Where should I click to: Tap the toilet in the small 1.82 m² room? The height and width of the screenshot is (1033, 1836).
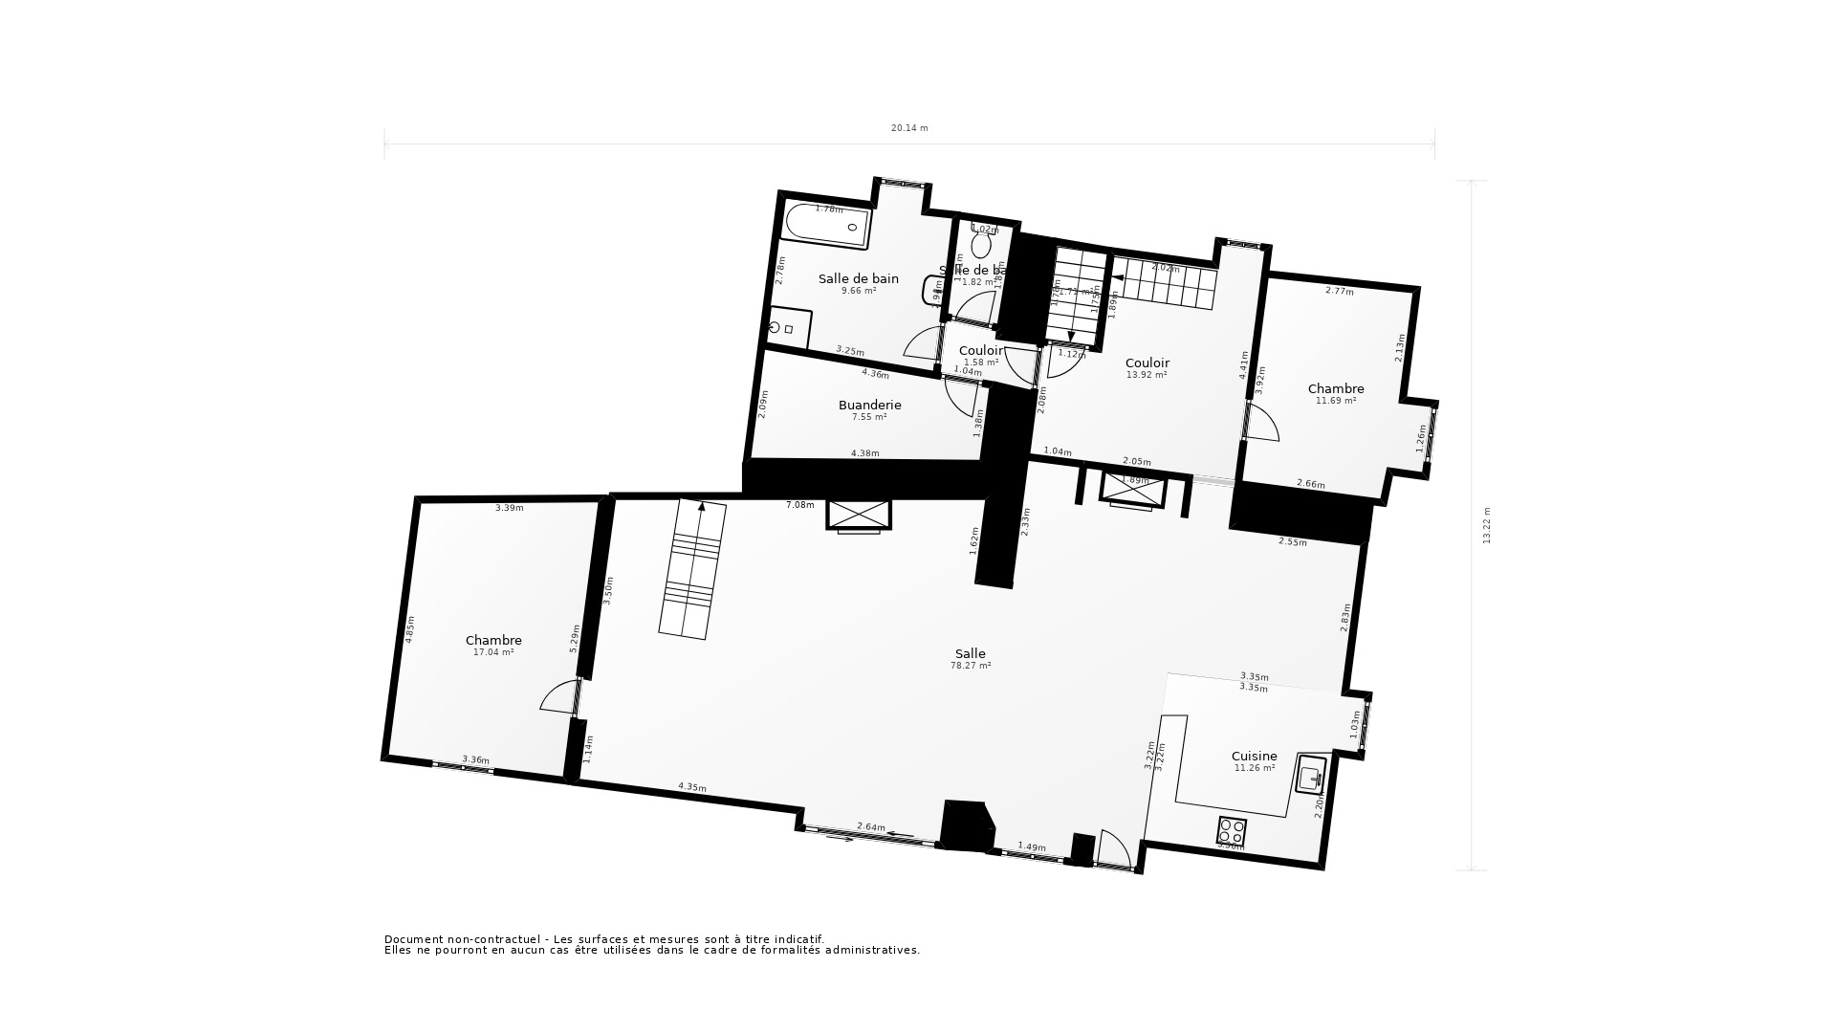point(981,244)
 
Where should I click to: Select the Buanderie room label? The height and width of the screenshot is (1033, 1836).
point(869,405)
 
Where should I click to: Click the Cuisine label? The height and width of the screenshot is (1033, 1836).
point(1254,756)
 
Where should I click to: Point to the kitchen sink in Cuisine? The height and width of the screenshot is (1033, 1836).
point(1311,773)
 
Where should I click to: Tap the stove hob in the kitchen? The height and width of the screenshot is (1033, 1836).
point(1231,829)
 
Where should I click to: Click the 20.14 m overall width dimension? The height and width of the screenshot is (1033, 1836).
point(908,128)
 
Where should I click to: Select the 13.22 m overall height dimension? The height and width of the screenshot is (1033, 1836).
point(1486,525)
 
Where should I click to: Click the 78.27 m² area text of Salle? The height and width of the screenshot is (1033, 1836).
point(970,666)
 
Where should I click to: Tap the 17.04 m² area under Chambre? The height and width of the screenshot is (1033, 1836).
point(493,652)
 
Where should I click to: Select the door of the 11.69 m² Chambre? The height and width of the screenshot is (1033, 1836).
point(1262,424)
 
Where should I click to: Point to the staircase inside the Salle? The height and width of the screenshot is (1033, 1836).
point(692,569)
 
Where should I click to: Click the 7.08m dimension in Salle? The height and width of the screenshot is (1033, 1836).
point(799,505)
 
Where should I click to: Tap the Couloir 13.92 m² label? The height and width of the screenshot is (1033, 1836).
point(1147,363)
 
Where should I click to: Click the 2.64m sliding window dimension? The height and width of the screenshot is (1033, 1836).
point(870,826)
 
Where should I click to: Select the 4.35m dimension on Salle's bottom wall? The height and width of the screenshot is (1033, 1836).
point(692,787)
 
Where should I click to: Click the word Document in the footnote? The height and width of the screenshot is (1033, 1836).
point(414,939)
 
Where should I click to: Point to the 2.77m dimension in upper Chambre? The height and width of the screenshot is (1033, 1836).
point(1339,291)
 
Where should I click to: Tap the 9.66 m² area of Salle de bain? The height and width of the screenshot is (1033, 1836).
point(858,291)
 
